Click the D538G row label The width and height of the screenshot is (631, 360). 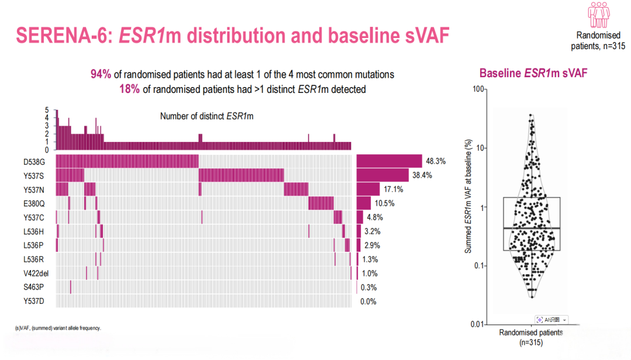[34, 162]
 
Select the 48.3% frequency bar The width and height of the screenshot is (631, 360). [389, 161]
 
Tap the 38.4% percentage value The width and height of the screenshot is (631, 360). [422, 175]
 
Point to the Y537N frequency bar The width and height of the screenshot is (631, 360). [368, 189]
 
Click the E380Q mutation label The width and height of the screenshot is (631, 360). [34, 204]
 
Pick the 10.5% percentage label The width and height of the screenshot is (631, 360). [384, 203]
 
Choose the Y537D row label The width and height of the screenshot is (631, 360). [34, 301]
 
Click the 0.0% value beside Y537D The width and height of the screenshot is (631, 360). [368, 302]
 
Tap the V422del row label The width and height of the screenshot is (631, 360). [36, 274]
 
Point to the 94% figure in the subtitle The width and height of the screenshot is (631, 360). [100, 74]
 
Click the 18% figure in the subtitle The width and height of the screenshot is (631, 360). [130, 89]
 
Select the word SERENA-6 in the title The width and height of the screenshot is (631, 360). [63, 36]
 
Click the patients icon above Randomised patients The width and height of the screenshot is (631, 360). [598, 15]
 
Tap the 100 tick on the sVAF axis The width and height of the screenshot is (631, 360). [478, 89]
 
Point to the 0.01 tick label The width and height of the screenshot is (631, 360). [478, 324]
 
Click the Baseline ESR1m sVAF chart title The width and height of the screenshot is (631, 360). [533, 73]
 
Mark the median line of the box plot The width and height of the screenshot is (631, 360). [532, 229]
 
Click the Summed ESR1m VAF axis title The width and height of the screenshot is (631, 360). [467, 196]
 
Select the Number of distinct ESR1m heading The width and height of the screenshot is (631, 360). [207, 116]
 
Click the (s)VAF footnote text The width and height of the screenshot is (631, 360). [58, 328]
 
